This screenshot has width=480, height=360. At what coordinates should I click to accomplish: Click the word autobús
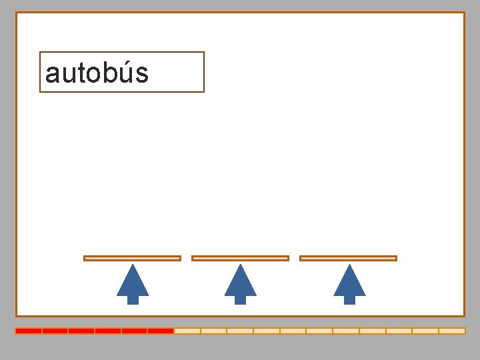[x=97, y=73]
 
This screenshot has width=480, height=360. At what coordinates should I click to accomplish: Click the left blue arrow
[x=133, y=283]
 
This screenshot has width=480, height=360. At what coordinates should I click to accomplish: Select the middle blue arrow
[x=241, y=283]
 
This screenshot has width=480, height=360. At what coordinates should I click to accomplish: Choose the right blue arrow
[x=349, y=283]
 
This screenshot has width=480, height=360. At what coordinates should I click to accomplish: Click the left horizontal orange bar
[x=132, y=258]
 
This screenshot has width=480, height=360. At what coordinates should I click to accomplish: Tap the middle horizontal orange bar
[x=240, y=258]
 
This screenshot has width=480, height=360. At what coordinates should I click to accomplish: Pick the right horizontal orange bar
[x=348, y=258]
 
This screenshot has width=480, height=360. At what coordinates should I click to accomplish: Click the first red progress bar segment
[x=29, y=331]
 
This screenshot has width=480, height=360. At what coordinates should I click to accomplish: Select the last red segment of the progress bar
[x=161, y=331]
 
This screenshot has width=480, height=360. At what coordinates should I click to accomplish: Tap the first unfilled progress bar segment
[x=187, y=331]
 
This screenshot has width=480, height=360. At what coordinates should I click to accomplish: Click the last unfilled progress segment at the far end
[x=452, y=331]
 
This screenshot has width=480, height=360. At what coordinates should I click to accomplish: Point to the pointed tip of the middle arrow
[x=241, y=266]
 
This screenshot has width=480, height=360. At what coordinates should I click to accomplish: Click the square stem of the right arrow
[x=349, y=300]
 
